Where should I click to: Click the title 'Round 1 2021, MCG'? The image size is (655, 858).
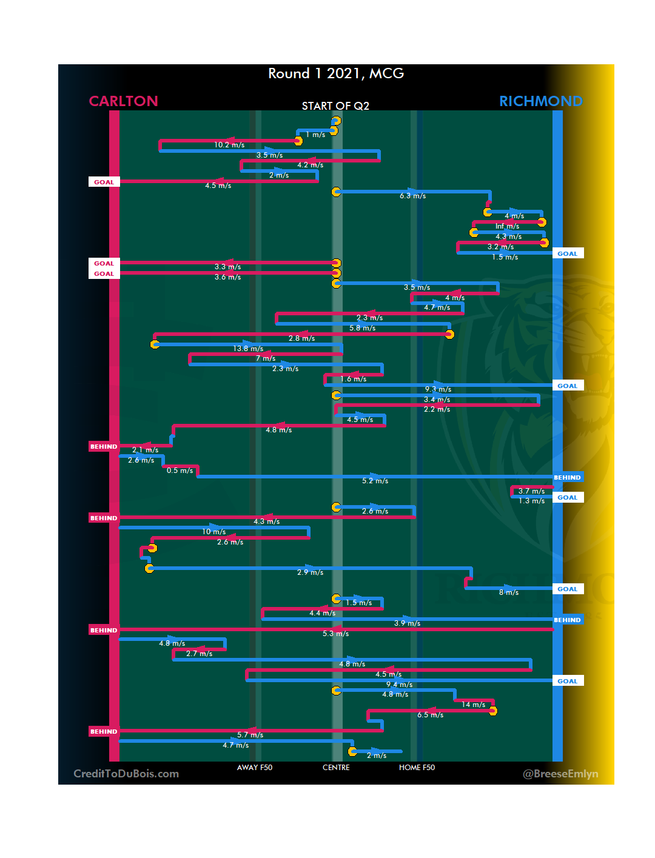point(336,73)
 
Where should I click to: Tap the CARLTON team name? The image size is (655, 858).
point(123,101)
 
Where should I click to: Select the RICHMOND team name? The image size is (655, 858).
point(540,101)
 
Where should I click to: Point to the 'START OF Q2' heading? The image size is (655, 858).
point(335,106)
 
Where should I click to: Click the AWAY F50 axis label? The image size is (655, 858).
point(255,768)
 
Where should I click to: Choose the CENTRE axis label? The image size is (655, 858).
point(336,768)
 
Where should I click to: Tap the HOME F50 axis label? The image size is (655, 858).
point(417,768)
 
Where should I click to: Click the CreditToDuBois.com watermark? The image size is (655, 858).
point(126,774)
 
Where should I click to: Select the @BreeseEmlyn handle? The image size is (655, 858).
point(560,774)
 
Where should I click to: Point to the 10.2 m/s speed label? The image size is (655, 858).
point(229,145)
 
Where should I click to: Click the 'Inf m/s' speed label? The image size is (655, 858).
point(507,226)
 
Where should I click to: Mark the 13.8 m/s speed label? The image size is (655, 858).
point(248,349)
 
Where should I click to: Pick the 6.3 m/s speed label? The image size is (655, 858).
point(412,196)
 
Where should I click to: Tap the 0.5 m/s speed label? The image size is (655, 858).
point(180,471)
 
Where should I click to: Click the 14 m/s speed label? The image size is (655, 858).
point(473,705)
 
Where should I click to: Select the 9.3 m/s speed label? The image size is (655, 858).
point(438,389)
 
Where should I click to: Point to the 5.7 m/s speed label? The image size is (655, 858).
point(250,735)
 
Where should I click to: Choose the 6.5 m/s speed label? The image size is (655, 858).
point(430,715)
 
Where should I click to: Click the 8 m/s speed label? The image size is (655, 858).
point(508,592)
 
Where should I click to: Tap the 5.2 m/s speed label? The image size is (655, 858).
point(375,481)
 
